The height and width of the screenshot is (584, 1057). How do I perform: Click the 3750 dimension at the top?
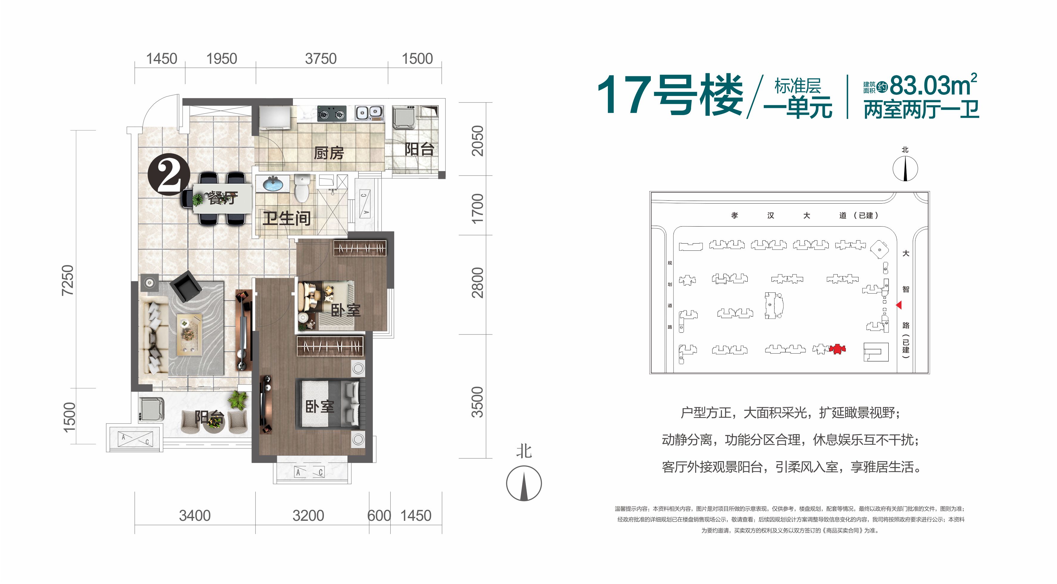coord(320,59)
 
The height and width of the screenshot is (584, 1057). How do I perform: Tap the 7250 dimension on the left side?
coord(67,280)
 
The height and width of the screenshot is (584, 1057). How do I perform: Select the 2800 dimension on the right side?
coord(478,283)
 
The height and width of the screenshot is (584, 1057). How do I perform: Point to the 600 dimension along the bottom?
coord(379,515)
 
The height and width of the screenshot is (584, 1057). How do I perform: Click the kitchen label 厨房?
coord(329,153)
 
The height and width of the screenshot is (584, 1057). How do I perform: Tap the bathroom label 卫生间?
coord(286,218)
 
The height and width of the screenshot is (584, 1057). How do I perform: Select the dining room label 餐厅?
coord(223,198)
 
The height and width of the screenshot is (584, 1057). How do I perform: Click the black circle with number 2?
coord(169,174)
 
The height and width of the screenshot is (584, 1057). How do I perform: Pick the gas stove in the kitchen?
coord(332,114)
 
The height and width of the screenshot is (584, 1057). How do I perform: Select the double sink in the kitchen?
coord(369,112)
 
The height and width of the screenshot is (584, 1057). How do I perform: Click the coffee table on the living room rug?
coord(189,334)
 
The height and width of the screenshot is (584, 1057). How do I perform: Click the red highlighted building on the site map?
coord(837,349)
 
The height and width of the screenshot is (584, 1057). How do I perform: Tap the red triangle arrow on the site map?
coord(899,305)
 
